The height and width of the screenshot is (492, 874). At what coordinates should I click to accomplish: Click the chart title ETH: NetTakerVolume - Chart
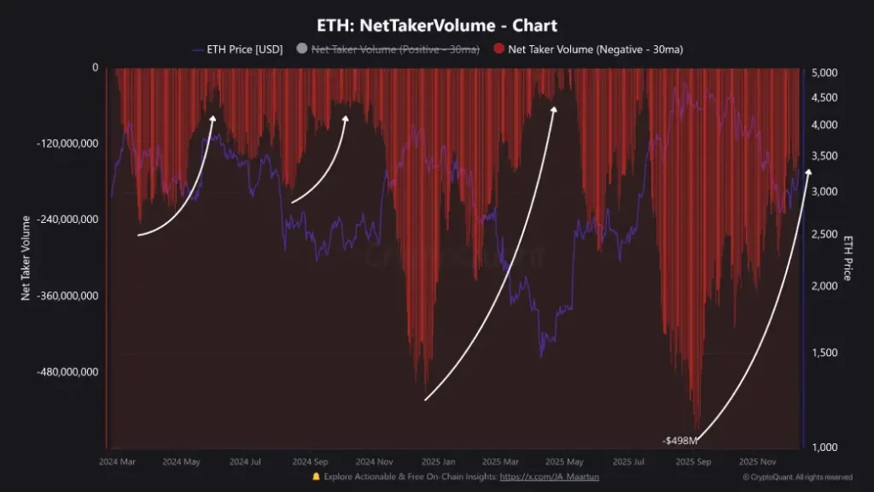pos(437,26)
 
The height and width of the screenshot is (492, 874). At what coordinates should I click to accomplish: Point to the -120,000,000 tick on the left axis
pos(67,143)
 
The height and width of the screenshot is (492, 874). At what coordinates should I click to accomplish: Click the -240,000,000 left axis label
pos(67,220)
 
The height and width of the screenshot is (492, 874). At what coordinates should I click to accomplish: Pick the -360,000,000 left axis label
pos(67,296)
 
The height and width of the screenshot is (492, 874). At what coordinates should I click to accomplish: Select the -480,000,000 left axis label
pos(67,372)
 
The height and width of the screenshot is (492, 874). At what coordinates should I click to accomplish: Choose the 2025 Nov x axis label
pos(758,461)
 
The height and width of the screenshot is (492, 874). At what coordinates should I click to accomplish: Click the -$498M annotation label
pos(680,441)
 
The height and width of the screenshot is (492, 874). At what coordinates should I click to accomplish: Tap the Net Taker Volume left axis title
pos(26,257)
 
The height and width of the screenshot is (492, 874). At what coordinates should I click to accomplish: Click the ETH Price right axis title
pos(848,257)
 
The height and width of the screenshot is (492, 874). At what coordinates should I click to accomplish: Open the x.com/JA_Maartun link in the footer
pos(549,477)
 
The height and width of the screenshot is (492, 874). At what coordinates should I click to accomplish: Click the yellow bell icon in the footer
pos(317,477)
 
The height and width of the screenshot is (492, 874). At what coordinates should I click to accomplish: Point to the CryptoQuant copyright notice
pos(797,477)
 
